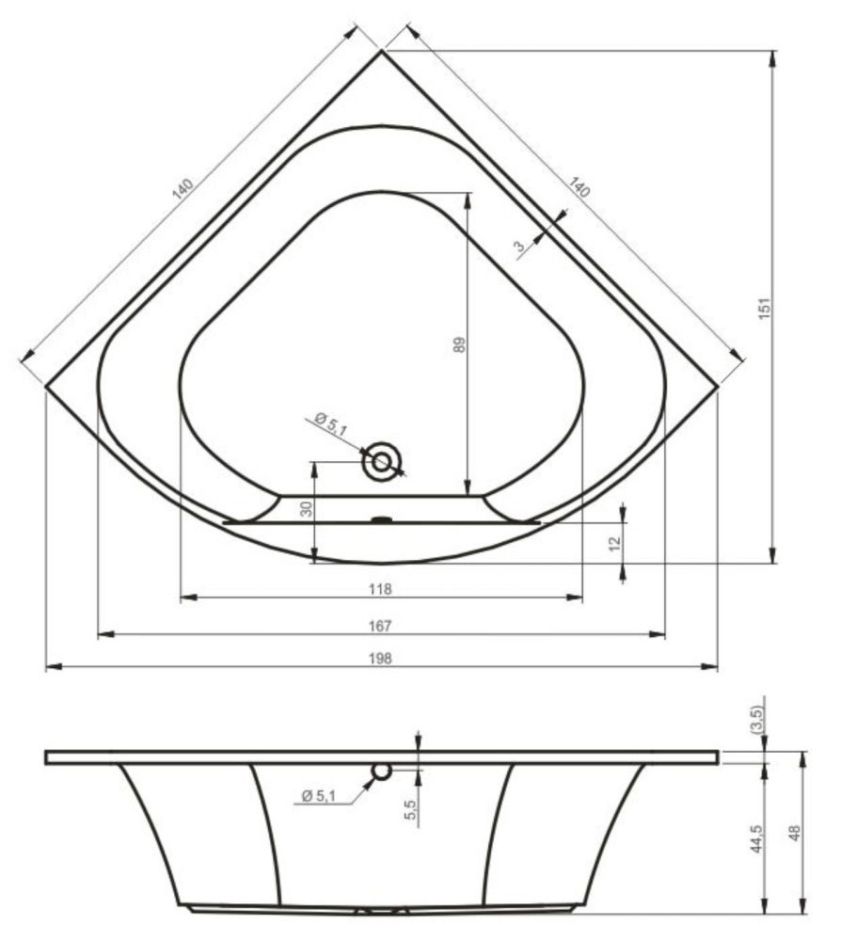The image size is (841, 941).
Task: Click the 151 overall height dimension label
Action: (765, 308)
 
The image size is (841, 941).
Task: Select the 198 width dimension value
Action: (380, 659)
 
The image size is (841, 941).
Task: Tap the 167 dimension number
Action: (380, 626)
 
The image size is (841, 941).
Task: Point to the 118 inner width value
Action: (380, 589)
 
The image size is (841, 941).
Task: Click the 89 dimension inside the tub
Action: (459, 344)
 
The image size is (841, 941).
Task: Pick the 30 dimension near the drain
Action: (307, 509)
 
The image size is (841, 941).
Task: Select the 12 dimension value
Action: (614, 544)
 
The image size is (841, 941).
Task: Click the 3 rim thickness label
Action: (519, 246)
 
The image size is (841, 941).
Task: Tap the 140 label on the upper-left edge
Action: (182, 188)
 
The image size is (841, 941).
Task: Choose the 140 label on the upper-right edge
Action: (579, 187)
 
